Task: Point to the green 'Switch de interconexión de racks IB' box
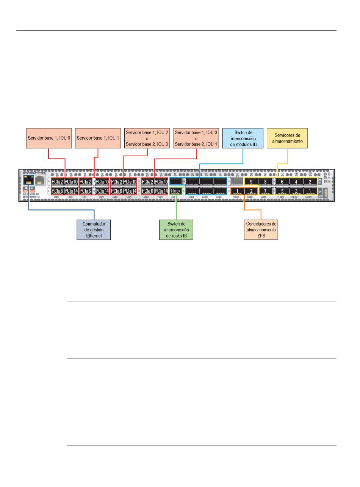[x=176, y=229]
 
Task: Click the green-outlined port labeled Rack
[x=176, y=191]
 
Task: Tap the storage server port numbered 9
[x=251, y=182]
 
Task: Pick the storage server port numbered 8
[x=265, y=182]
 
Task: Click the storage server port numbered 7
[x=265, y=191]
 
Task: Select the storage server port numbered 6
[x=282, y=182]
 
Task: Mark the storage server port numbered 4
[x=296, y=182]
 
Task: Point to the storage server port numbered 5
[x=282, y=191]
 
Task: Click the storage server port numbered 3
[x=296, y=191]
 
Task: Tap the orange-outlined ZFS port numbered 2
[x=251, y=191]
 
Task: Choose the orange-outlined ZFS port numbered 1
[x=237, y=191]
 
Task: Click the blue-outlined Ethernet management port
[x=29, y=179]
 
